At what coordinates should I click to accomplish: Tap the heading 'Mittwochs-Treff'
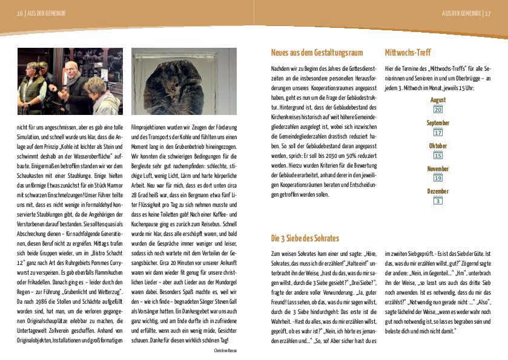(407, 53)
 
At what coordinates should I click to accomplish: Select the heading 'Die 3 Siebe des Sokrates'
(305, 238)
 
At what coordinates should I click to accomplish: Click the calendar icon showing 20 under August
(438, 109)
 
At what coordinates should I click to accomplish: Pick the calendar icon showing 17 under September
(438, 132)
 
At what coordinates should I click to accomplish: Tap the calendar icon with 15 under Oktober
(438, 155)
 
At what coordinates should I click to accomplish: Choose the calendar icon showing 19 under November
(438, 178)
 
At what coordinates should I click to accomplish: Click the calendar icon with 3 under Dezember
(438, 200)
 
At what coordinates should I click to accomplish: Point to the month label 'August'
(438, 100)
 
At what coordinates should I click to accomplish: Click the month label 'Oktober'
(438, 146)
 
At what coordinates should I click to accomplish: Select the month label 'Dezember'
(438, 191)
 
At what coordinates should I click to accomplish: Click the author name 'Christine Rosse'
(225, 350)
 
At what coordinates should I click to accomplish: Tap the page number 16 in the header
(21, 13)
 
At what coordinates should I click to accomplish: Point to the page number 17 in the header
(487, 13)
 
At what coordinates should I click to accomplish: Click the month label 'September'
(438, 123)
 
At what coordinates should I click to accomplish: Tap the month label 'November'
(438, 169)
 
